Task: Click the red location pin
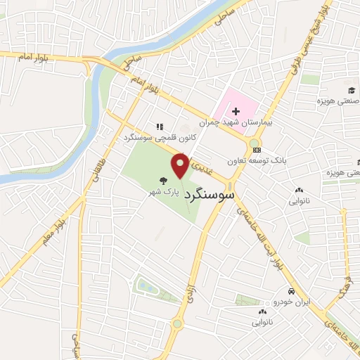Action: click(x=181, y=166)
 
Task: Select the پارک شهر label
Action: click(x=167, y=191)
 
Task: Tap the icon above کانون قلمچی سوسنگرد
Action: click(x=160, y=127)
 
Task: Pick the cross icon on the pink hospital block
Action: click(x=236, y=111)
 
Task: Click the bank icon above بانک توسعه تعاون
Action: click(x=256, y=149)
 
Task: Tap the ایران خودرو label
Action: click(x=290, y=302)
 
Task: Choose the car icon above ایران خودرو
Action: click(x=290, y=291)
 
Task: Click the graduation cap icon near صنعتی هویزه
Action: click(x=350, y=90)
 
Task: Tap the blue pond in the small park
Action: click(x=148, y=286)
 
